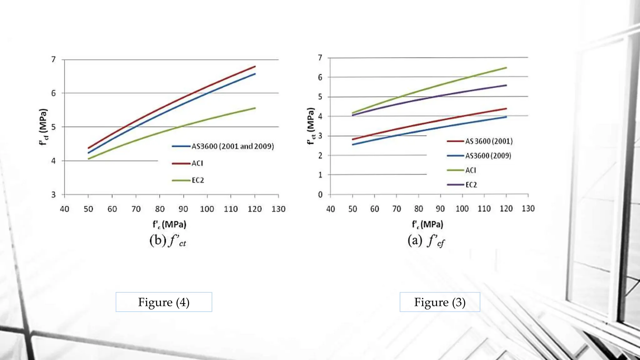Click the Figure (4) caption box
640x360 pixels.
pos(164,302)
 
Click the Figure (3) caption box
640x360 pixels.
pos(440,302)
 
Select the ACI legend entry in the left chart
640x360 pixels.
pos(197,163)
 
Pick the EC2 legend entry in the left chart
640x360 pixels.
pos(198,180)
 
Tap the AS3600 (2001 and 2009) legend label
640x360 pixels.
pos(232,146)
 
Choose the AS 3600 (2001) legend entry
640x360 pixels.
pos(489,141)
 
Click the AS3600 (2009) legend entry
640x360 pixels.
pos(488,156)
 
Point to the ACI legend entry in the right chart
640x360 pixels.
pos(471,170)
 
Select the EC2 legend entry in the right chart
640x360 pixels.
pos(471,185)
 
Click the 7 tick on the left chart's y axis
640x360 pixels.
pos(53,59)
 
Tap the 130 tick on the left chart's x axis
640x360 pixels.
pos(278,209)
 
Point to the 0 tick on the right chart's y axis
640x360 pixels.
pos(320,195)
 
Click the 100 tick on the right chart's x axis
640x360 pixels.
pos(462,208)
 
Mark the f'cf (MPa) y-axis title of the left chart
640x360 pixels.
pos(43,127)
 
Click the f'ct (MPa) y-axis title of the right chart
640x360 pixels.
pos(311,126)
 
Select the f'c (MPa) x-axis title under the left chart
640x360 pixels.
pos(169,224)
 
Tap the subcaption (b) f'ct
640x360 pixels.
pos(168,241)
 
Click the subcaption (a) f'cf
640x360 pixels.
pos(426,241)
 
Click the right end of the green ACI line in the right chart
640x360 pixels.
pos(506,67)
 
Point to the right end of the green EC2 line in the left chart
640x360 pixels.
pos(255,108)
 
